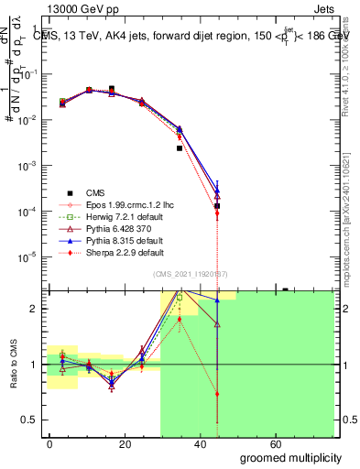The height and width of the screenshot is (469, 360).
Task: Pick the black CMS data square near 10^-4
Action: (x=217, y=206)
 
